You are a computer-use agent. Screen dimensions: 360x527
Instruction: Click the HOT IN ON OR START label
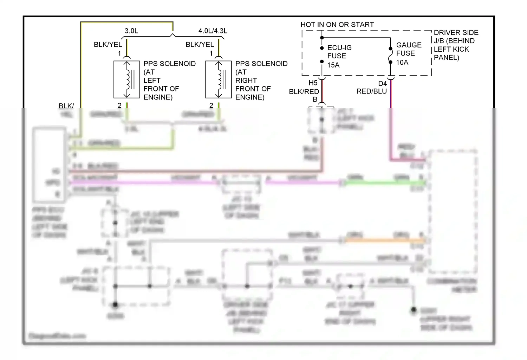[x=337, y=25]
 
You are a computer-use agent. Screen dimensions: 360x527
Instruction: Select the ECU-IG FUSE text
[x=339, y=52]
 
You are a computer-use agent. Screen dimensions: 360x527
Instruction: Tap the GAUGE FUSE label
[x=409, y=49]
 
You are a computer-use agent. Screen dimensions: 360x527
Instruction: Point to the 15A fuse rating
[x=333, y=65]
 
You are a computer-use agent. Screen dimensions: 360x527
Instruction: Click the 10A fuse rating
[x=402, y=63]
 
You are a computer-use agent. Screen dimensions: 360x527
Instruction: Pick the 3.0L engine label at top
[x=131, y=31]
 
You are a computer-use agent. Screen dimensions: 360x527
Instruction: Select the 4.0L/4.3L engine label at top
[x=213, y=31]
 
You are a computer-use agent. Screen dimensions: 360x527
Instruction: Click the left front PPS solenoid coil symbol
[x=127, y=79]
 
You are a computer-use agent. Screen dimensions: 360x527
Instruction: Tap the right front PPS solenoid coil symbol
[x=219, y=79]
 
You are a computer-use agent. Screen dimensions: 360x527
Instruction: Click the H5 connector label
[x=313, y=83]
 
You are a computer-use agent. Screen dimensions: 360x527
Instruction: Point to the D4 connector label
[x=382, y=84]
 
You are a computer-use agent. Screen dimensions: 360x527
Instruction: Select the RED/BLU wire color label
[x=371, y=91]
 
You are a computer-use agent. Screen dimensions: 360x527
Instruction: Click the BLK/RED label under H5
[x=304, y=92]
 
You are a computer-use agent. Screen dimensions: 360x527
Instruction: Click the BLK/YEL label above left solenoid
[x=108, y=45]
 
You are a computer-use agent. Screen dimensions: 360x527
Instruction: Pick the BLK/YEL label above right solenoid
[x=200, y=45]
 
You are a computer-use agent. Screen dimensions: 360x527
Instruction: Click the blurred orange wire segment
[x=385, y=241]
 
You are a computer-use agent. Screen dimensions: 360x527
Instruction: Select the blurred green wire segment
[x=385, y=183]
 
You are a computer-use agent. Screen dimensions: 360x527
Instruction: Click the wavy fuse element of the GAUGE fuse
[x=390, y=56]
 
